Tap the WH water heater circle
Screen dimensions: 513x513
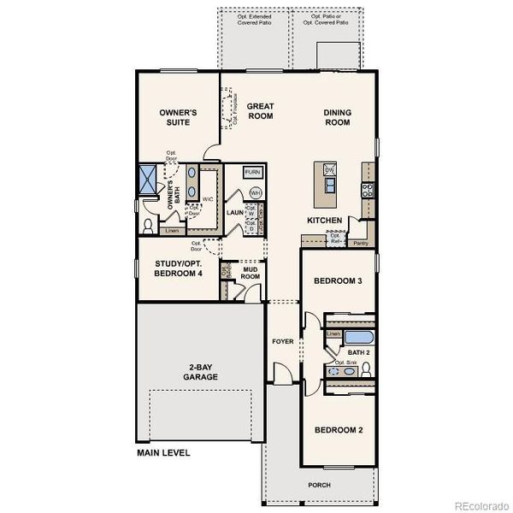click(x=255, y=192)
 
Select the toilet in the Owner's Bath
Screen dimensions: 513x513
click(x=149, y=227)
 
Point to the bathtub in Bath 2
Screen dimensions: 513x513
click(x=351, y=336)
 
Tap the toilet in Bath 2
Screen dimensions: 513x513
click(x=365, y=369)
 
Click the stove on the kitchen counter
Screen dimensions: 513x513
click(x=367, y=190)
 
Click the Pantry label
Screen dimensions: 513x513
click(x=361, y=244)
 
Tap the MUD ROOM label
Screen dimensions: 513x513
click(x=251, y=273)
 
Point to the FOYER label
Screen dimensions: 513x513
click(x=282, y=341)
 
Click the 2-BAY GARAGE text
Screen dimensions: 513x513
click(x=202, y=371)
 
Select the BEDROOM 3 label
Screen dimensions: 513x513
click(x=338, y=281)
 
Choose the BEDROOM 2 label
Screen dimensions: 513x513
click(x=338, y=430)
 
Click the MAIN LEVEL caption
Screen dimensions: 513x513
click(x=163, y=452)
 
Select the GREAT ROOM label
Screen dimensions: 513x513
click(x=260, y=111)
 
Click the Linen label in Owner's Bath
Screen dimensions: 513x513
click(x=172, y=231)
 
